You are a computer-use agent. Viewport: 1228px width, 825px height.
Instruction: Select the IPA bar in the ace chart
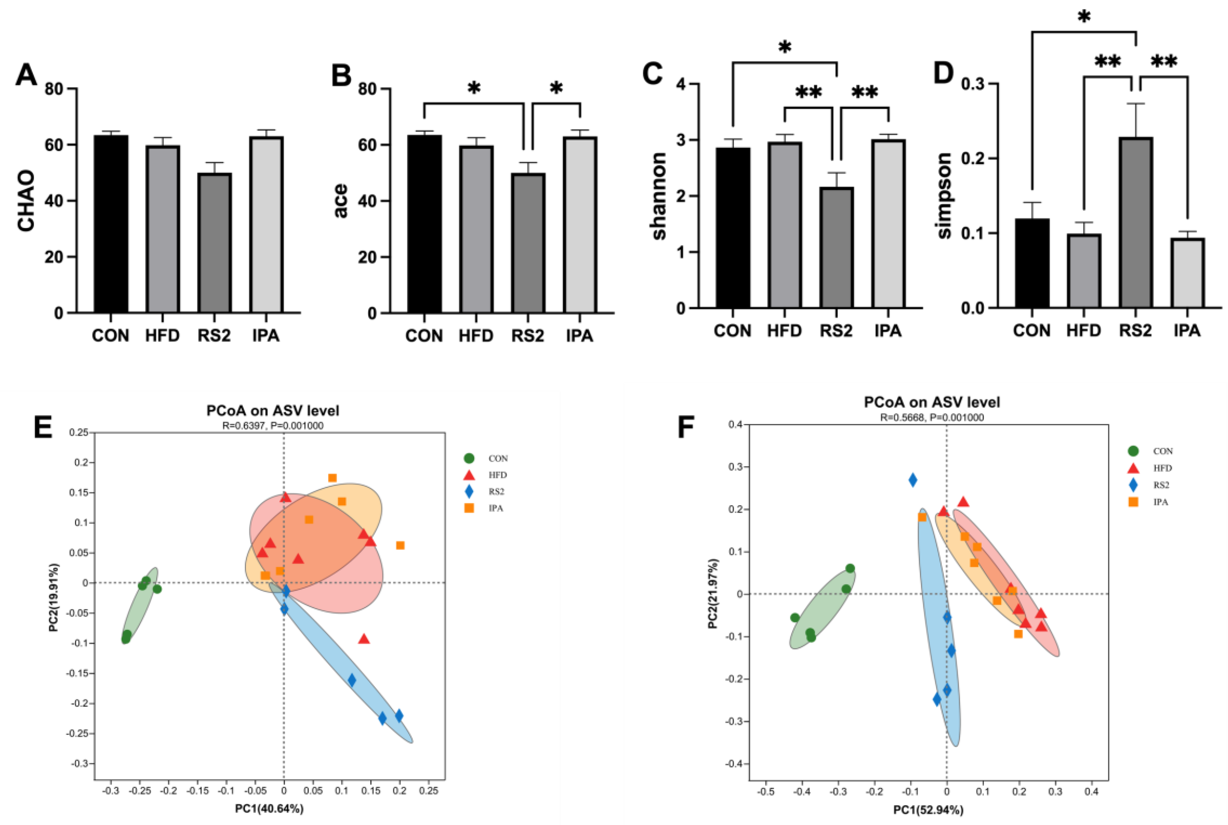point(580,225)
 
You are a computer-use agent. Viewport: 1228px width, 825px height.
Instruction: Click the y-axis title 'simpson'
point(945,196)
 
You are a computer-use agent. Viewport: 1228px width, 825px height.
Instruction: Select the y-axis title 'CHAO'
point(26,200)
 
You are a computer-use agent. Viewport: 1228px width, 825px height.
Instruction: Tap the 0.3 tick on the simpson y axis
point(974,84)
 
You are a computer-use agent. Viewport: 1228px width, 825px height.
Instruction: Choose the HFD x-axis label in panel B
point(476,336)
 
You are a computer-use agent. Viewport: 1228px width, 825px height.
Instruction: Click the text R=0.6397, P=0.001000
point(273,425)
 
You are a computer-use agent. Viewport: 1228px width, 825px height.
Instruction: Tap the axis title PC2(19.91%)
point(54,598)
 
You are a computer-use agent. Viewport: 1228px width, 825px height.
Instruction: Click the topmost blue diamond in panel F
point(913,480)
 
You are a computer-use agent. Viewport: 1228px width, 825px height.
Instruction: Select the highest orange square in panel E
point(332,478)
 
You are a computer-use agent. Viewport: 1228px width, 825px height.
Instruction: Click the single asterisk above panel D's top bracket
point(1084,17)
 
